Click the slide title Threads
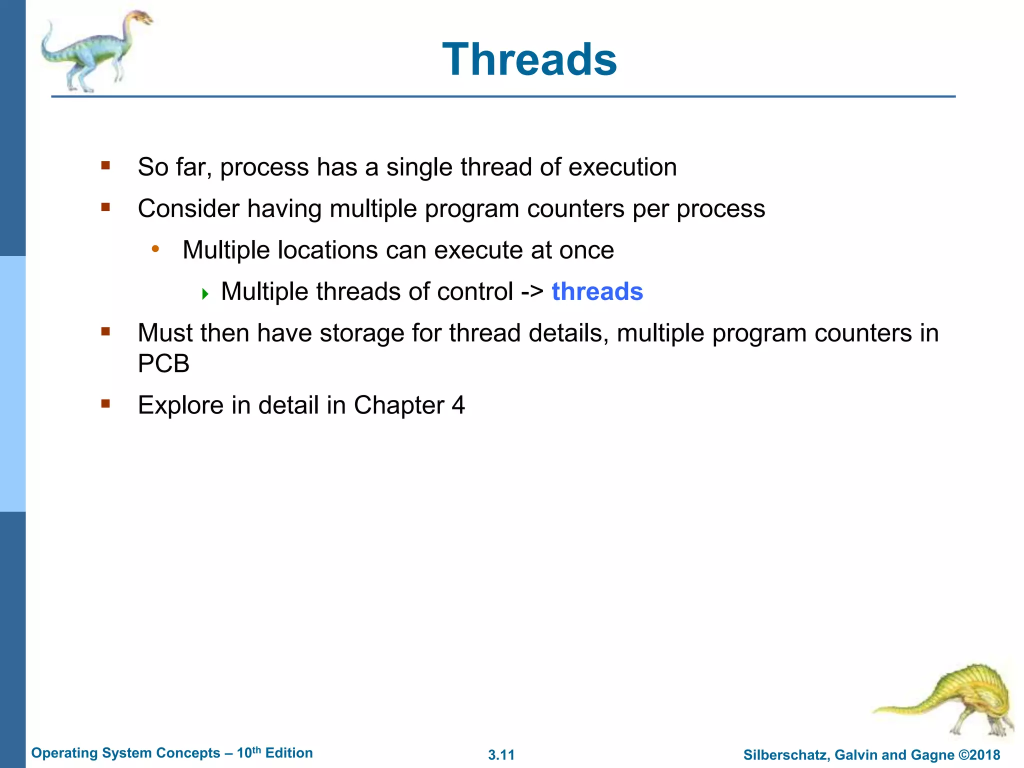click(x=529, y=59)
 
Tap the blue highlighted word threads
click(x=597, y=291)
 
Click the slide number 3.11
click(x=501, y=755)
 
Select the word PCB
click(x=163, y=363)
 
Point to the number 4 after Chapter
click(x=458, y=404)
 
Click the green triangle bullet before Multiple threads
click(x=204, y=294)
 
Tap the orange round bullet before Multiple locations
click(x=155, y=248)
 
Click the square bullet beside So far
click(x=105, y=165)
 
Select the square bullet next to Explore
click(x=105, y=403)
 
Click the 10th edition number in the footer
click(x=248, y=753)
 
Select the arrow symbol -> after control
click(x=532, y=291)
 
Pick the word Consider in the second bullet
click(x=188, y=208)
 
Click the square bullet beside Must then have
click(x=105, y=331)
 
